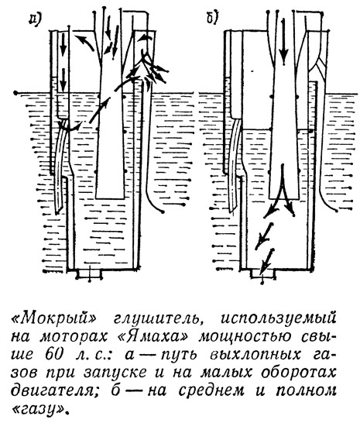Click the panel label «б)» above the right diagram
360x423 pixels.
(213, 19)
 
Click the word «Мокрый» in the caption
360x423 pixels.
(54, 320)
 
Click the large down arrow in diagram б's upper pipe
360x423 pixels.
(283, 42)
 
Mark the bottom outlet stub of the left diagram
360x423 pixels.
(89, 273)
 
